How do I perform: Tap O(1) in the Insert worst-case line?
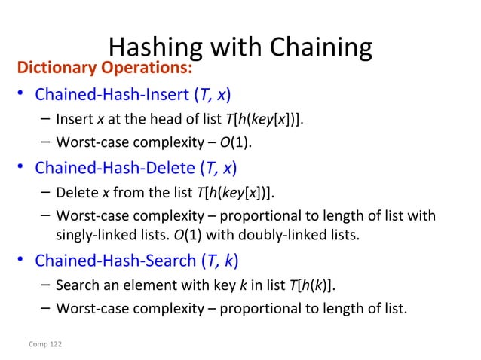click(x=234, y=142)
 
